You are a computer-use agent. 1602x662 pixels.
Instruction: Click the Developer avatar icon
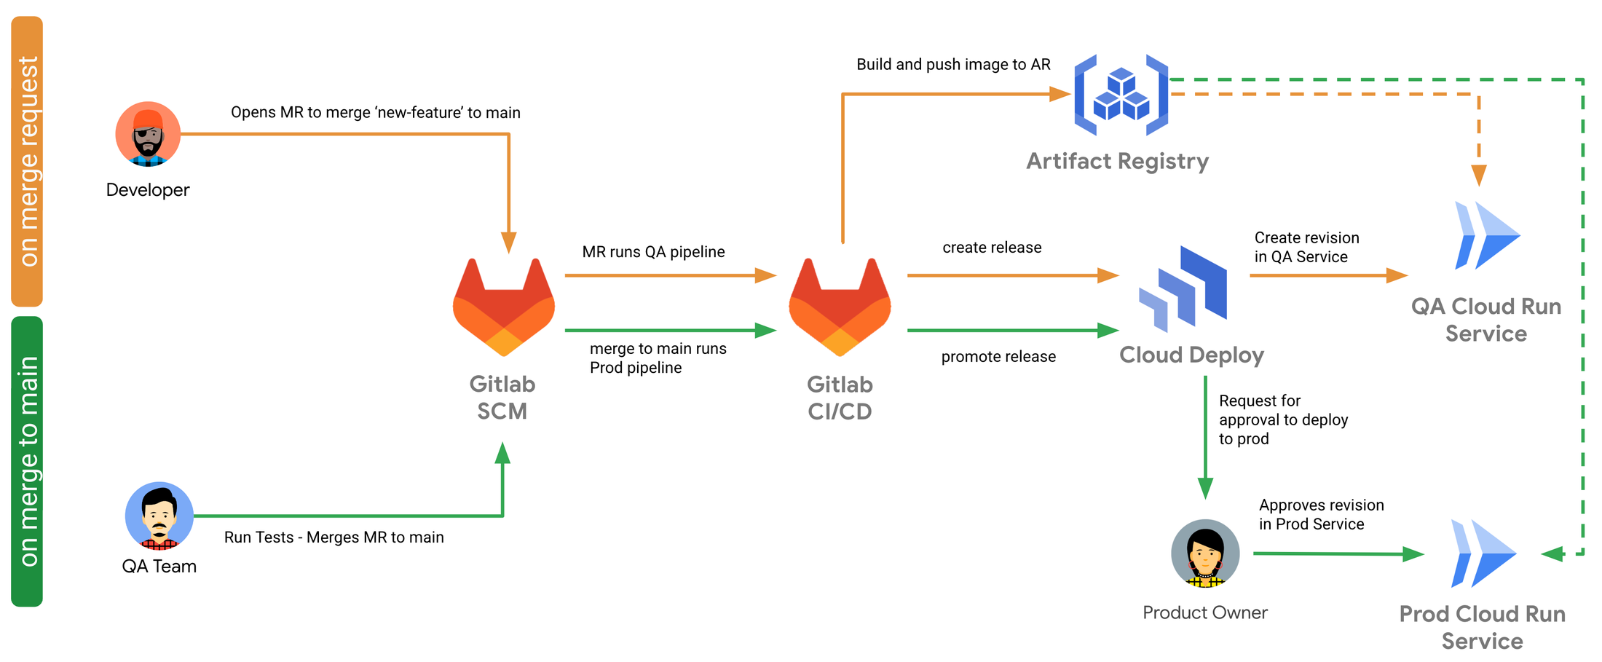coord(148,134)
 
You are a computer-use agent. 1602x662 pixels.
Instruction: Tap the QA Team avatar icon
coord(159,516)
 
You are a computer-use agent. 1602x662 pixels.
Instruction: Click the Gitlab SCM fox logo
coord(504,307)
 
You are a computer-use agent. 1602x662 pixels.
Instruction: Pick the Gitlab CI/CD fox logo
coord(840,307)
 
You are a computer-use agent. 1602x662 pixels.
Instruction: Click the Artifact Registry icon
coord(1121,95)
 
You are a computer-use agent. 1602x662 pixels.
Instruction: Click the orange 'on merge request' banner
coord(27,161)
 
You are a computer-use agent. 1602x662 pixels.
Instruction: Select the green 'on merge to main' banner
coord(27,461)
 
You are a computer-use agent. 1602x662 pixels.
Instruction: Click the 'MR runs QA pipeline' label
coord(653,252)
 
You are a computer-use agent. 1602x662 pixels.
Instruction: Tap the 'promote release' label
coord(998,357)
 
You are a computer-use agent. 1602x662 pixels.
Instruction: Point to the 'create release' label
coord(992,248)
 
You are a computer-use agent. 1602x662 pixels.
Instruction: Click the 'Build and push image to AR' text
coord(953,65)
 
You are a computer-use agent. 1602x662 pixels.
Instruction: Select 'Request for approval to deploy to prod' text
coord(1283,419)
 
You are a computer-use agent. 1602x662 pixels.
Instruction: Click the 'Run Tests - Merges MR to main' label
coord(334,537)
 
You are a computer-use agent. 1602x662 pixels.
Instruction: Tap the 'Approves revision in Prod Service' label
coord(1321,514)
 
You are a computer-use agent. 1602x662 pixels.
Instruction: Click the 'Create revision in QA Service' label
coord(1306,248)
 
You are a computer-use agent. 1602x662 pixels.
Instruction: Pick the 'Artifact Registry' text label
coord(1117,161)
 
